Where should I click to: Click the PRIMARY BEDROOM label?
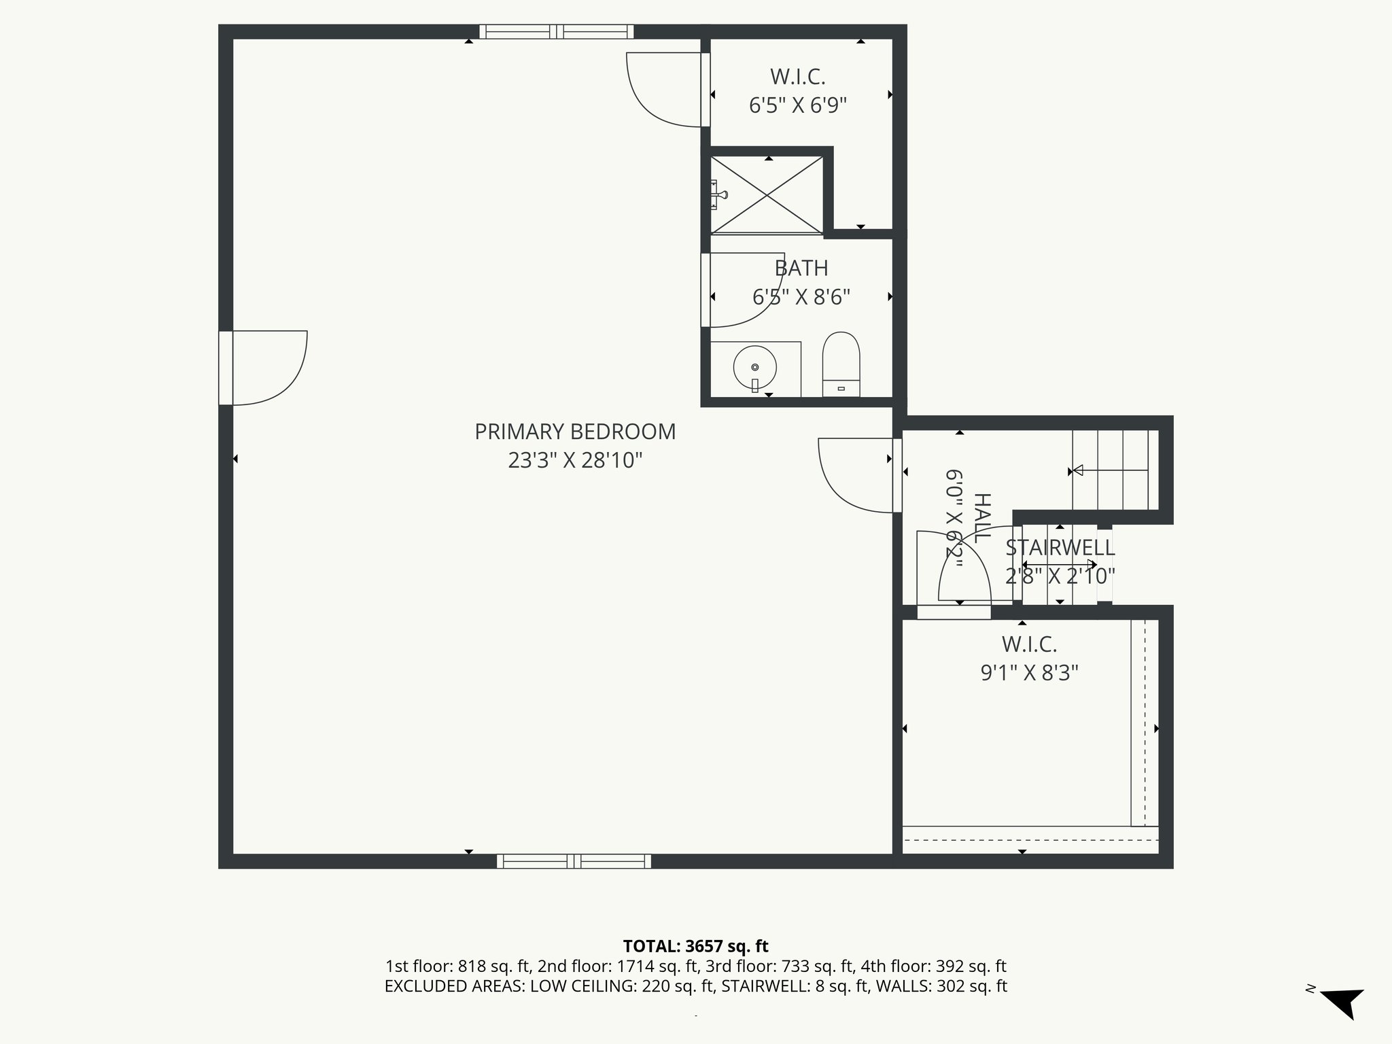click(575, 432)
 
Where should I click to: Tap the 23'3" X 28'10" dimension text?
click(575, 461)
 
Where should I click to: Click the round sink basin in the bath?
click(754, 368)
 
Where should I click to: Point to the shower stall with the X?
click(767, 195)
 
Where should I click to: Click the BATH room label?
click(801, 268)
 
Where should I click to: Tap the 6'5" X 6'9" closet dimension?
click(798, 106)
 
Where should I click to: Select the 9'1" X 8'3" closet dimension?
click(1029, 673)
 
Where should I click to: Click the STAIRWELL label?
click(1060, 548)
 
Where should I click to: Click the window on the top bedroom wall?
click(557, 31)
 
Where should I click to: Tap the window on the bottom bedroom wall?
click(574, 861)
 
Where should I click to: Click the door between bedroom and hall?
click(856, 476)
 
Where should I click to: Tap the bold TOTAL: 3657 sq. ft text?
click(695, 945)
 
